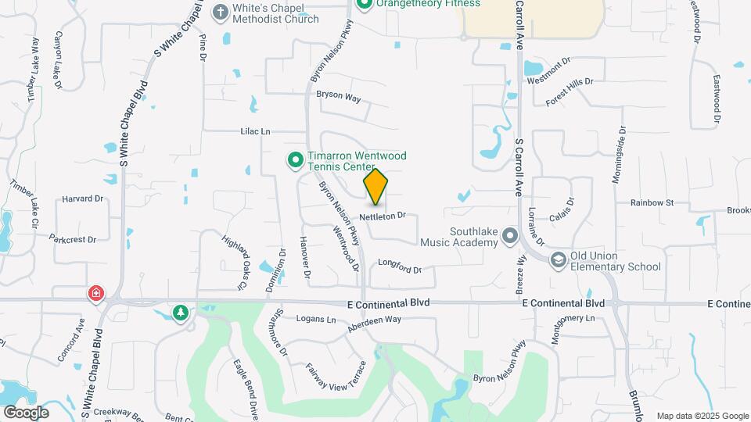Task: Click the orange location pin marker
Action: click(x=375, y=186)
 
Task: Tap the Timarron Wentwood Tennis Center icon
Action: click(x=295, y=160)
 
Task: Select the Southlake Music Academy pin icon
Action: click(x=510, y=235)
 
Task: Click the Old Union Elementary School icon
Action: click(x=558, y=260)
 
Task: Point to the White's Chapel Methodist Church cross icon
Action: click(x=221, y=13)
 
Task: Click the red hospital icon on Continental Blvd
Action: click(x=95, y=294)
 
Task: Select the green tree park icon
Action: click(x=181, y=313)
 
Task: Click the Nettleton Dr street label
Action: click(x=383, y=215)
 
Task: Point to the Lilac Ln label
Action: click(x=255, y=132)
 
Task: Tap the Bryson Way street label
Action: click(x=338, y=98)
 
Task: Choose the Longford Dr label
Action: click(x=400, y=269)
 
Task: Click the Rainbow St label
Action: click(x=652, y=202)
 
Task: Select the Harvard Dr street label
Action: click(x=83, y=198)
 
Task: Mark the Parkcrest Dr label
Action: click(x=72, y=238)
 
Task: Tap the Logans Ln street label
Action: click(x=316, y=319)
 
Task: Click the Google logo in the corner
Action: click(x=26, y=413)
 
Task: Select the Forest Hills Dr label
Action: click(x=570, y=91)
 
